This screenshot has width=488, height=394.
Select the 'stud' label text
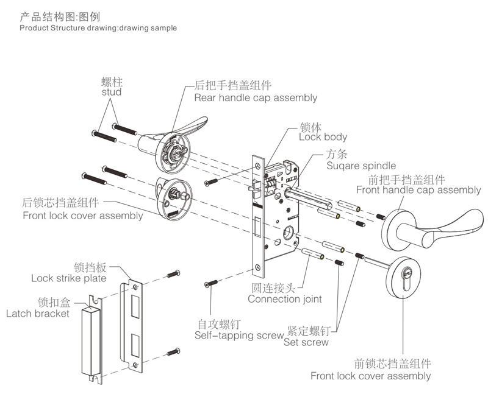[111, 92]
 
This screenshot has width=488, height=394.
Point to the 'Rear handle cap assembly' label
[256, 97]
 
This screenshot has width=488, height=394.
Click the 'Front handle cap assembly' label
[418, 190]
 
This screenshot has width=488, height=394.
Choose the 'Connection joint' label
[284, 299]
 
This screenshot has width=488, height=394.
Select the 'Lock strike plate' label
[68, 278]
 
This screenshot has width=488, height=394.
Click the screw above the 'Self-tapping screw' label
[211, 284]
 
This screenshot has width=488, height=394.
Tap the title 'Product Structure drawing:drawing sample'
[98, 28]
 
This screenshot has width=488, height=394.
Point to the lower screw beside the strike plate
[174, 351]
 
